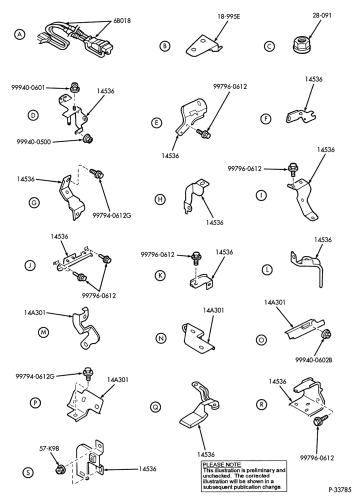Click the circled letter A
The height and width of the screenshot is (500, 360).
pyautogui.click(x=20, y=34)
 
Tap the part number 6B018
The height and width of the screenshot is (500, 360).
pyautogui.click(x=122, y=21)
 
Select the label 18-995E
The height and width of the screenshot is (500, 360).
pyautogui.click(x=228, y=16)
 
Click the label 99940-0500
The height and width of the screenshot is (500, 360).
pyautogui.click(x=34, y=142)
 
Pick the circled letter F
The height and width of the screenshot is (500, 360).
pyautogui.click(x=265, y=119)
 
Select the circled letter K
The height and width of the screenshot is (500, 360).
pyautogui.click(x=160, y=275)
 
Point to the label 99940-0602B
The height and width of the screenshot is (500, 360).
pyautogui.click(x=314, y=360)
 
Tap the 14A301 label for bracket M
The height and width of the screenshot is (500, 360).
pyautogui.click(x=34, y=313)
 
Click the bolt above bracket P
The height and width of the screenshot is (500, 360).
pyautogui.click(x=87, y=374)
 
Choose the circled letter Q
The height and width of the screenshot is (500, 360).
pyautogui.click(x=155, y=407)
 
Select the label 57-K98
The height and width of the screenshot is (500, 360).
pyautogui.click(x=48, y=448)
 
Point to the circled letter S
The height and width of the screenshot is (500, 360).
pyautogui.click(x=28, y=472)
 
